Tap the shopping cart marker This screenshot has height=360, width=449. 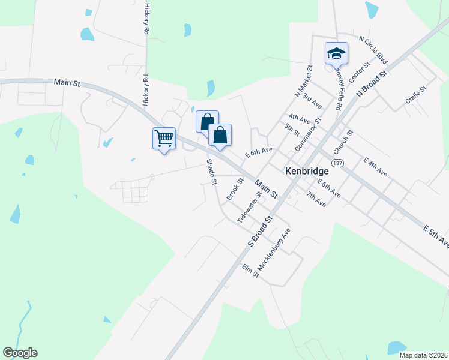click(x=164, y=139)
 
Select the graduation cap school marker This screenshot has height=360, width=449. click(x=336, y=55)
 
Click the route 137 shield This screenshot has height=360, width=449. click(x=338, y=163)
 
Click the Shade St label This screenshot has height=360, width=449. click(x=211, y=172)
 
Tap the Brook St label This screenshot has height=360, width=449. click(x=235, y=188)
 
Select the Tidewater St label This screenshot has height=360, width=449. click(x=249, y=207)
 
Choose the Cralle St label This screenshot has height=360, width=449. click(x=415, y=95)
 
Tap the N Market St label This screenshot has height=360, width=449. click(x=304, y=82)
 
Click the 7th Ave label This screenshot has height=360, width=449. click(x=316, y=199)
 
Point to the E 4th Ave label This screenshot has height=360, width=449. click(x=375, y=167)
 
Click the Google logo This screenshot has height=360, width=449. click(x=20, y=353)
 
